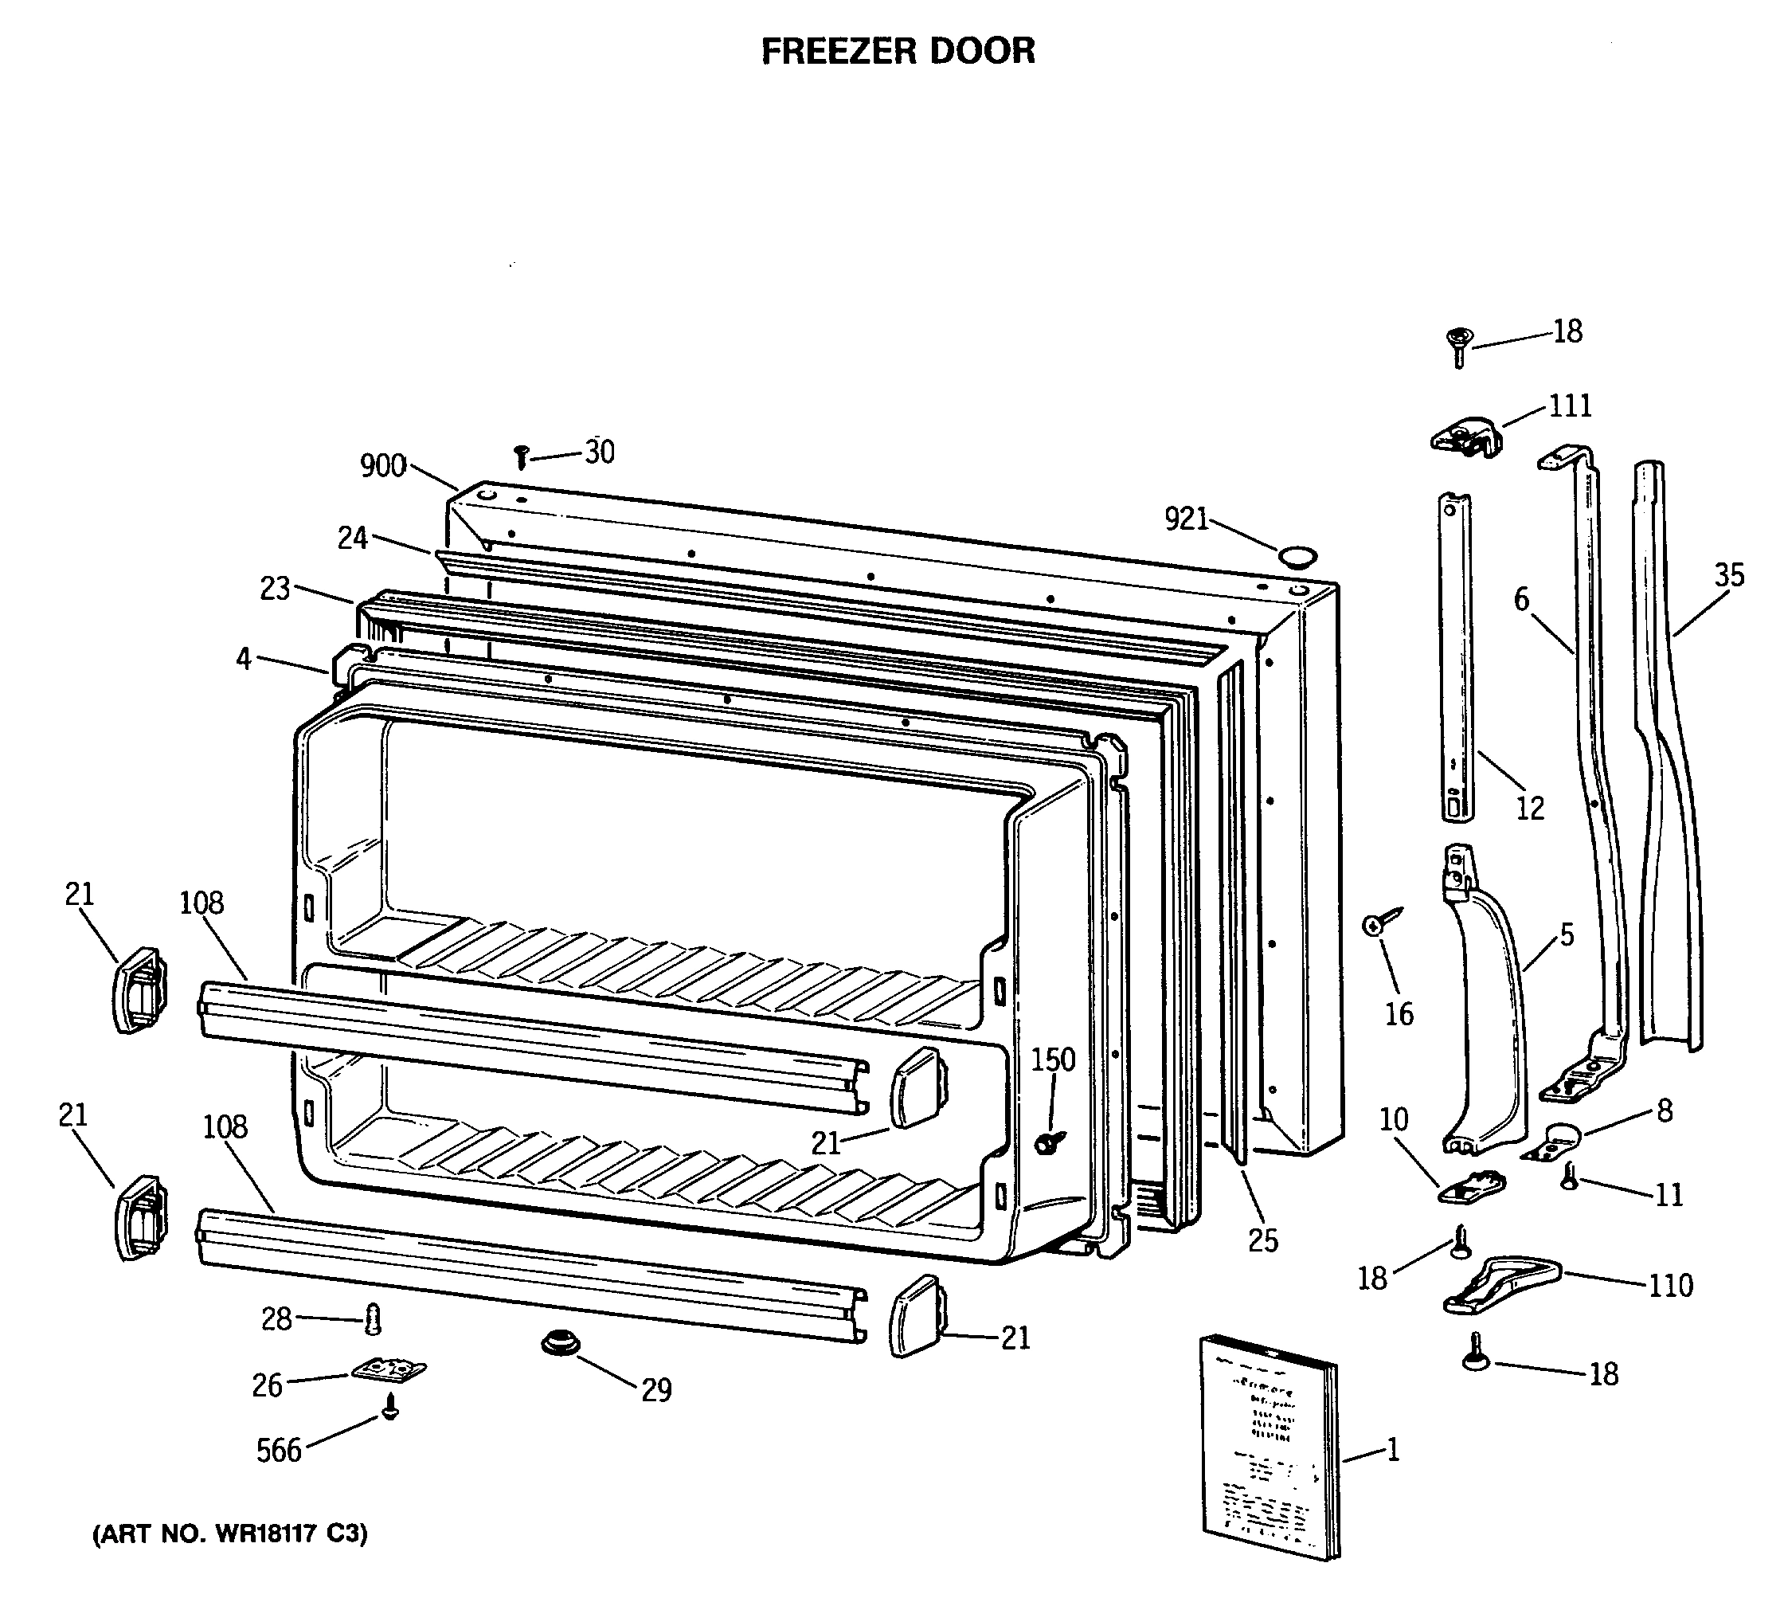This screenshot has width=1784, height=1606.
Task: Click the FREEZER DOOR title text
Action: pos(898,51)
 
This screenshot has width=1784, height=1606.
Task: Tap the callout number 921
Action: pos(1186,519)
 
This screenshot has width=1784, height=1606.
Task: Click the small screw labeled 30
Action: pos(521,457)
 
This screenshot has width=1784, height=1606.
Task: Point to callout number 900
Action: pos(383,466)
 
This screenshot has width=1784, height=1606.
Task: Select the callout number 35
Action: pos(1729,576)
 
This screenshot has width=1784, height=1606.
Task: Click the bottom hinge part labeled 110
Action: pos(1500,1289)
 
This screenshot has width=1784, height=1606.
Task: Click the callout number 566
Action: pos(279,1450)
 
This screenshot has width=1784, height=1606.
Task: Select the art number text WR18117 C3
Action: pos(230,1534)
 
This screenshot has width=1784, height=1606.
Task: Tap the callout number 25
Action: pos(1262,1240)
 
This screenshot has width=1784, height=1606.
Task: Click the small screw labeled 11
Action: pos(1569,1177)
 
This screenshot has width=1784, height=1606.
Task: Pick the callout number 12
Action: pos(1530,808)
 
